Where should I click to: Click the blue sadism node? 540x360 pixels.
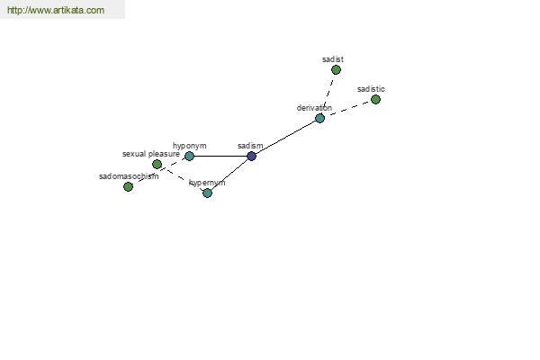pyautogui.click(x=251, y=156)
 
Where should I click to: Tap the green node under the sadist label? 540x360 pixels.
pyautogui.click(x=336, y=70)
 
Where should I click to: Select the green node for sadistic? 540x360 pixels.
pyautogui.click(x=375, y=100)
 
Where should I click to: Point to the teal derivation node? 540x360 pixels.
pyautogui.click(x=319, y=119)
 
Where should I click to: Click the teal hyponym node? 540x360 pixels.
pyautogui.click(x=189, y=156)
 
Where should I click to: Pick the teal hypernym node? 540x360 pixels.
pyautogui.click(x=207, y=193)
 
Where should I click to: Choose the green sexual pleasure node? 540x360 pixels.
pyautogui.click(x=157, y=165)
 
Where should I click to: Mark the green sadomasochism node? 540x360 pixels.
pyautogui.click(x=128, y=186)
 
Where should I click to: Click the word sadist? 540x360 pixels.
pyautogui.click(x=333, y=59)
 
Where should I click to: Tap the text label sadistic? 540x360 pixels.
pyautogui.click(x=371, y=89)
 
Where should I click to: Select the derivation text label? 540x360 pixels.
pyautogui.click(x=314, y=108)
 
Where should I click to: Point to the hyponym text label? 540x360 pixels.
pyautogui.click(x=189, y=146)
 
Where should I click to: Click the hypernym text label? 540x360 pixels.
pyautogui.click(x=207, y=183)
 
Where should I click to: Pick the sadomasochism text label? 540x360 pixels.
pyautogui.click(x=129, y=176)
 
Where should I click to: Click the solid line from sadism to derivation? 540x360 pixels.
pyautogui.click(x=286, y=137)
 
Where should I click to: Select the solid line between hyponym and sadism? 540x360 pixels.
pyautogui.click(x=220, y=156)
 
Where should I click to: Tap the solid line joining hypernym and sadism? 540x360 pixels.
pyautogui.click(x=229, y=175)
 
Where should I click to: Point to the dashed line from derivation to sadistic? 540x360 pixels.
pyautogui.click(x=347, y=109)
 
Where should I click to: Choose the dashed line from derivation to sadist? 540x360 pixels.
pyautogui.click(x=328, y=94)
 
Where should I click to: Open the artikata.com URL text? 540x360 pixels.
pyautogui.click(x=56, y=10)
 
